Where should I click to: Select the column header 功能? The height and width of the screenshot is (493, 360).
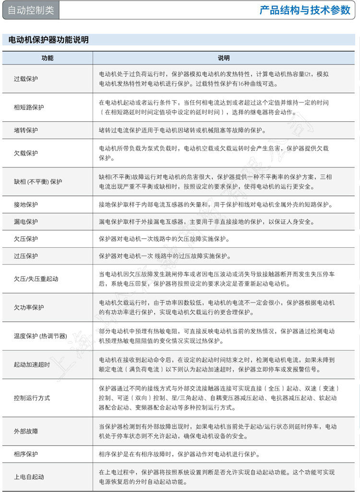click(x=47, y=58)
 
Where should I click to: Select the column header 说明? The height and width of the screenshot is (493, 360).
click(x=224, y=58)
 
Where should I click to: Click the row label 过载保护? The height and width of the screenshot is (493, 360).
click(x=26, y=79)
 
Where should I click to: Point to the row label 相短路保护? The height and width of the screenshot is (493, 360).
click(x=29, y=107)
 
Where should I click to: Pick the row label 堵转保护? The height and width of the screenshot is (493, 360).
click(x=26, y=130)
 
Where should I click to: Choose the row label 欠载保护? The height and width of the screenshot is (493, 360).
click(x=26, y=153)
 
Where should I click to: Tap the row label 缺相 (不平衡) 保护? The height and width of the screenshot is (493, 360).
click(x=38, y=181)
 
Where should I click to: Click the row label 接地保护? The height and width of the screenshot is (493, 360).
click(x=26, y=205)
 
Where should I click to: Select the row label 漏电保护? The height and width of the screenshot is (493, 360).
click(x=26, y=222)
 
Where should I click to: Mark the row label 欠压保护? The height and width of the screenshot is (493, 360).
click(x=26, y=239)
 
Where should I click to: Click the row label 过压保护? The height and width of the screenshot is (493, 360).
click(x=26, y=256)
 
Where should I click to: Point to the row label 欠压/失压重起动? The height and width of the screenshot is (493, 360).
click(x=36, y=278)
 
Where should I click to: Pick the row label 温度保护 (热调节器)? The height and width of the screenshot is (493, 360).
click(x=40, y=336)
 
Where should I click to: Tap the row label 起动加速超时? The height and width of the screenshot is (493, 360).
click(x=32, y=364)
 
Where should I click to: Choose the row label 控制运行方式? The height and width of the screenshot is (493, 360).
click(x=32, y=398)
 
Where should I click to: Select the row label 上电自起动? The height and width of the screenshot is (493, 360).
click(x=29, y=477)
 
